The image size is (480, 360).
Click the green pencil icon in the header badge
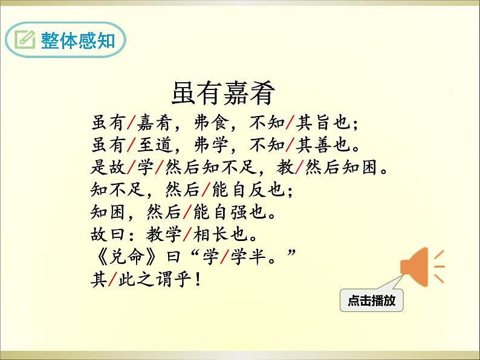pos(25,40)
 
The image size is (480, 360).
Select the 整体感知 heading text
pos(77,40)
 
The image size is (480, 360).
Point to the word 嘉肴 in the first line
pos(154,123)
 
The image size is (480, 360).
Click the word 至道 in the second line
pos(154,145)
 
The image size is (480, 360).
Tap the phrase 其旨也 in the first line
pos(320,123)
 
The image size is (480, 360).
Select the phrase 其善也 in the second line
pos(320,145)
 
